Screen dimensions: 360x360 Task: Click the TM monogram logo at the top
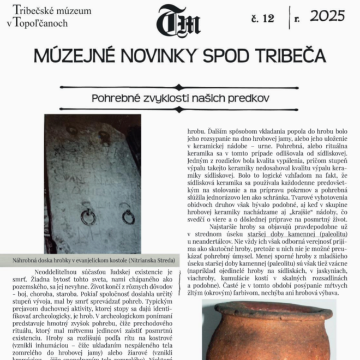178,21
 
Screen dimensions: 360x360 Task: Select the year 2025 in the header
327,16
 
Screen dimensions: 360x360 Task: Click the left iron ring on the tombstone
88,218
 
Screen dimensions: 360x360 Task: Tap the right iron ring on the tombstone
128,217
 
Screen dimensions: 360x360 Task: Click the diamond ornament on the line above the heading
178,87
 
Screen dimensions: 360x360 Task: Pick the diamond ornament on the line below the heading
178,109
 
